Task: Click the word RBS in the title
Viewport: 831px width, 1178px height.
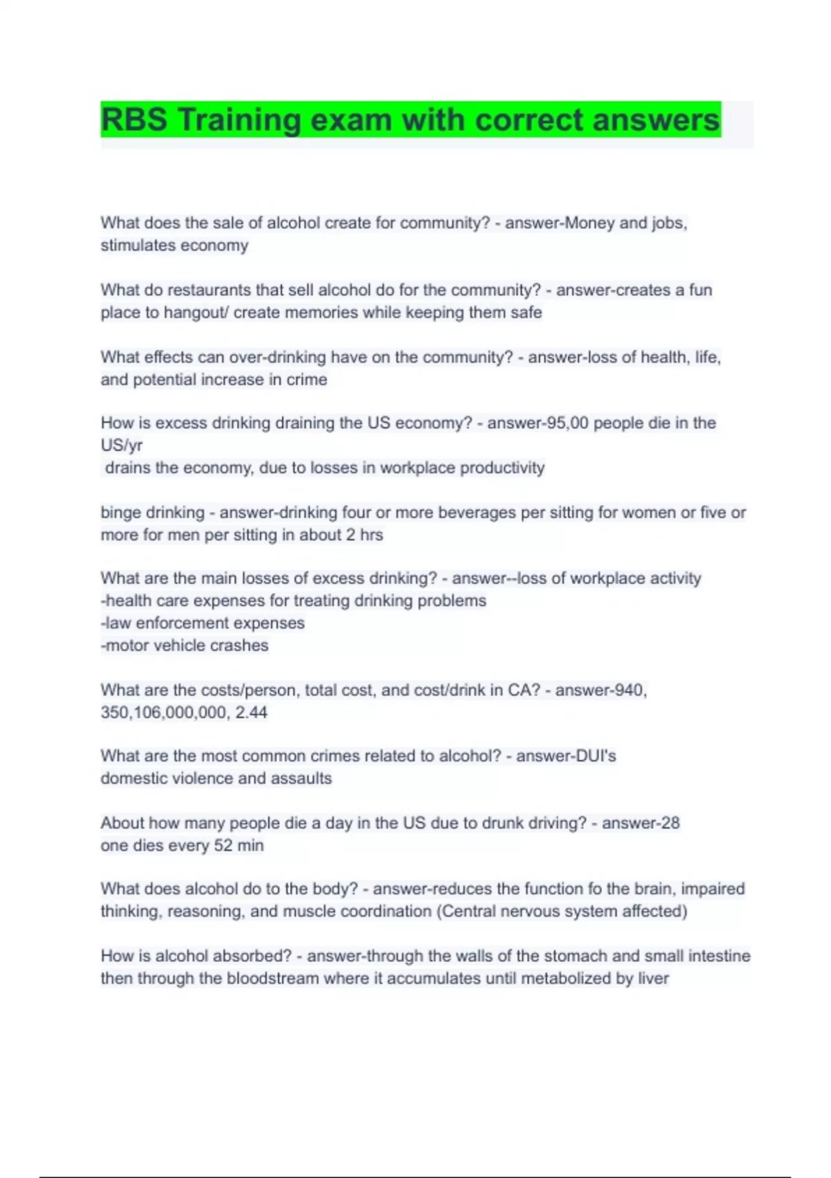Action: coord(134,120)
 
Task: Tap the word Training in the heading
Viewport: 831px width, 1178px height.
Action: coord(239,120)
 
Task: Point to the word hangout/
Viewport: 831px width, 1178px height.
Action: coord(196,313)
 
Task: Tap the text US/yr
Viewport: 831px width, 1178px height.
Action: coord(122,445)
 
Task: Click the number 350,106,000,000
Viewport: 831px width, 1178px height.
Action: coord(163,712)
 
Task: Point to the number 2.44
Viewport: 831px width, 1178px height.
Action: coord(251,712)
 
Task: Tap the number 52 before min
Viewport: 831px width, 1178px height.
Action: coord(223,845)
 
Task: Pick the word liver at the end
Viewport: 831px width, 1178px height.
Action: coord(653,978)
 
